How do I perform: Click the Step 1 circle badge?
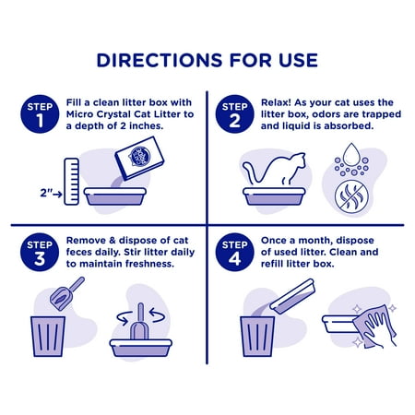(x=40, y=114)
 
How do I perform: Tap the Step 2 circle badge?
(x=234, y=114)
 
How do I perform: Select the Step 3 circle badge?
(x=40, y=252)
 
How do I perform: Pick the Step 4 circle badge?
(x=234, y=252)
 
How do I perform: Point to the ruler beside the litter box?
(x=71, y=182)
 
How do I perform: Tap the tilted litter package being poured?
(x=139, y=159)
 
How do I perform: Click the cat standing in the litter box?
(x=275, y=170)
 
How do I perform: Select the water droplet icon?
(x=351, y=155)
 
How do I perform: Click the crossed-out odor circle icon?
(x=351, y=196)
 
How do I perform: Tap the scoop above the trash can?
(x=66, y=293)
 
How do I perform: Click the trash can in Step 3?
(x=48, y=337)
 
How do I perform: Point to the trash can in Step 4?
(x=257, y=337)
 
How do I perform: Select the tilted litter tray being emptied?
(x=292, y=296)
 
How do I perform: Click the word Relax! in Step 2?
(x=276, y=102)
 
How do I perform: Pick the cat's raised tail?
(x=252, y=172)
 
